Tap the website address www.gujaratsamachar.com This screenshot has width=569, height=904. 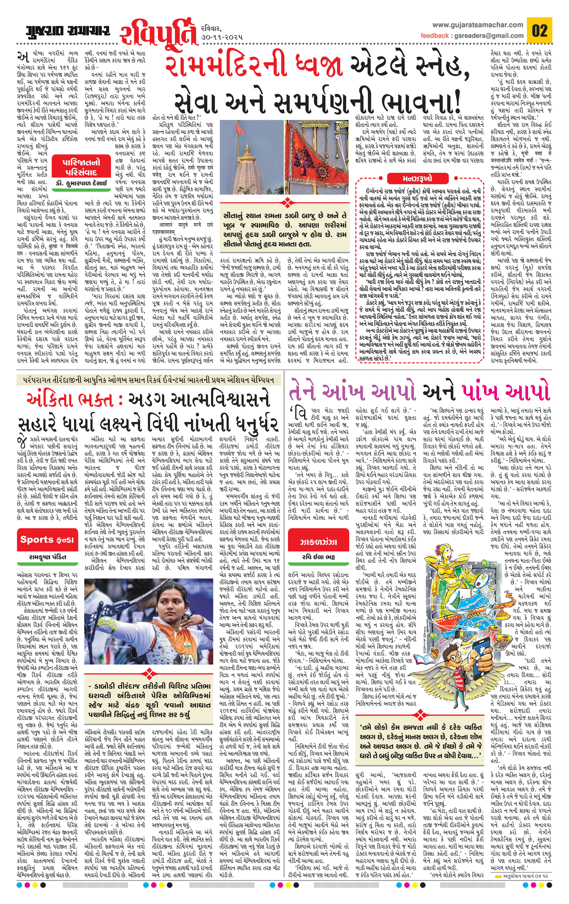[477, 25]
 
